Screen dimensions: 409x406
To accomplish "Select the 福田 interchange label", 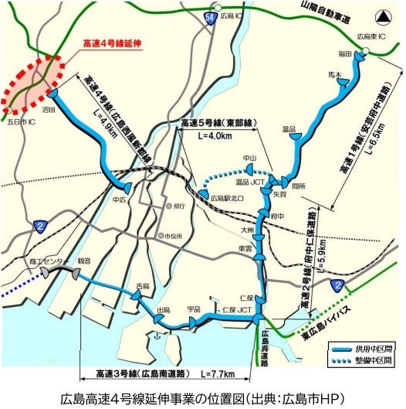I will pyautogui.click(x=344, y=55).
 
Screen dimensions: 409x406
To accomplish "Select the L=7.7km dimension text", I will pyautogui.click(x=218, y=373).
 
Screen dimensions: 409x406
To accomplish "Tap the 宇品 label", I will pyautogui.click(x=194, y=308).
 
